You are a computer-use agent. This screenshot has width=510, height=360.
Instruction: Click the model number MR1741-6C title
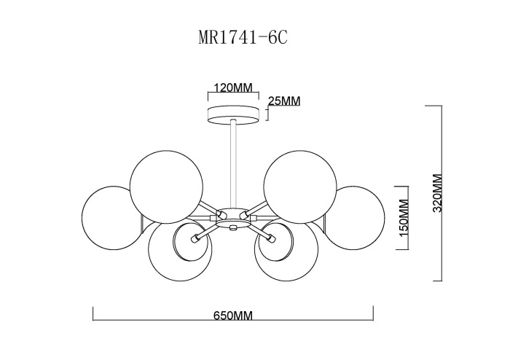243,38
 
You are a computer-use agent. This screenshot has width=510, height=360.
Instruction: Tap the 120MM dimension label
233,87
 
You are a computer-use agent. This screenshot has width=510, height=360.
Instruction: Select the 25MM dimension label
284,101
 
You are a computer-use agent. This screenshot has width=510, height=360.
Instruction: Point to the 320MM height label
438,193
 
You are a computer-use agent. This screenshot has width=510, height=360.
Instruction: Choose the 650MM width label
233,316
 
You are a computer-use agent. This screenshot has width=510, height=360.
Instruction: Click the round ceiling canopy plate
234,114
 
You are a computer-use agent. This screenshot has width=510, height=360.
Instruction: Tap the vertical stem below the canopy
233,164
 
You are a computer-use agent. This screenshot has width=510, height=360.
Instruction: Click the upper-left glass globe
166,187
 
